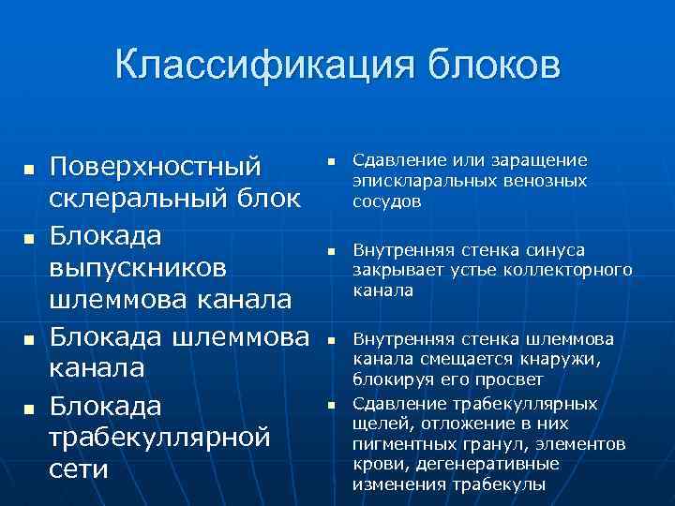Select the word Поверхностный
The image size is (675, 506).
point(155,167)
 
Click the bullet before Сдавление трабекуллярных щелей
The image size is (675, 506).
point(330,405)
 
